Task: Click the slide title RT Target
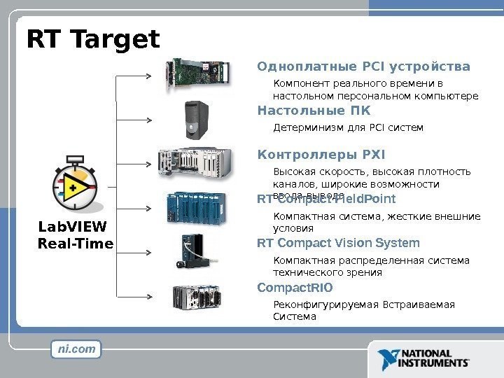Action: tap(93, 39)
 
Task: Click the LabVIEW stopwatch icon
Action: tap(75, 183)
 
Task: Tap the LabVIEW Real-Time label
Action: tap(75, 235)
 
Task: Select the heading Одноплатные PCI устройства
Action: tap(364, 67)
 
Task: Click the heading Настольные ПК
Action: tap(314, 111)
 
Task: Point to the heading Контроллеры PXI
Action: tap(321, 154)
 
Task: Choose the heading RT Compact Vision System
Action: tap(338, 244)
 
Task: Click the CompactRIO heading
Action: tap(295, 288)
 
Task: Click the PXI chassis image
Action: tap(195, 162)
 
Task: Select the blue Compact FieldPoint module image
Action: tap(198, 207)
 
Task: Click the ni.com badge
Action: tap(76, 349)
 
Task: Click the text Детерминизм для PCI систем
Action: tap(348, 128)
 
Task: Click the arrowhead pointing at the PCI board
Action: tap(153, 73)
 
